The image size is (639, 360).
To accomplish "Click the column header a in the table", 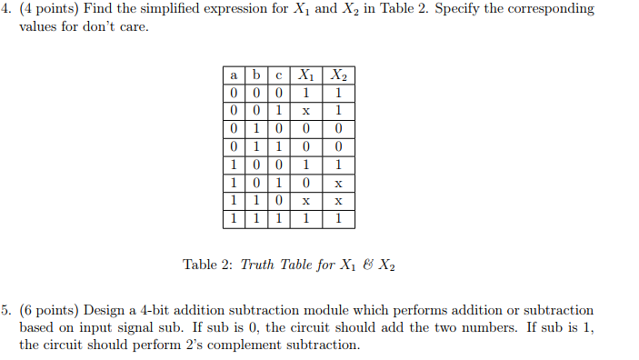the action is click(234, 75).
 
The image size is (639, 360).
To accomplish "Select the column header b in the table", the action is click(257, 75).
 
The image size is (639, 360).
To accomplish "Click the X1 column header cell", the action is click(307, 75).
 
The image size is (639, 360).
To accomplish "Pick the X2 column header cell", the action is click(338, 75).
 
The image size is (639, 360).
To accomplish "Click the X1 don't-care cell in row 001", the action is click(307, 110).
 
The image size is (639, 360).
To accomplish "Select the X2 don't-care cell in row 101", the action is click(338, 183).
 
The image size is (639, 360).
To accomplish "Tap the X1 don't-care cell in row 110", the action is click(307, 201).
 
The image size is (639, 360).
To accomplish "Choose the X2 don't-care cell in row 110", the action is click(338, 201).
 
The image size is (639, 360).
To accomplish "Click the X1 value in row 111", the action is click(307, 218).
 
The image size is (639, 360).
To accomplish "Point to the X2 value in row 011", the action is click(338, 146).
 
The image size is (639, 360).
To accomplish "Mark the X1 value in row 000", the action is click(307, 93).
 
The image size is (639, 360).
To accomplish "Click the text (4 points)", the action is click(51, 9).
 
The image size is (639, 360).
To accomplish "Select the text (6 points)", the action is click(51, 311).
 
